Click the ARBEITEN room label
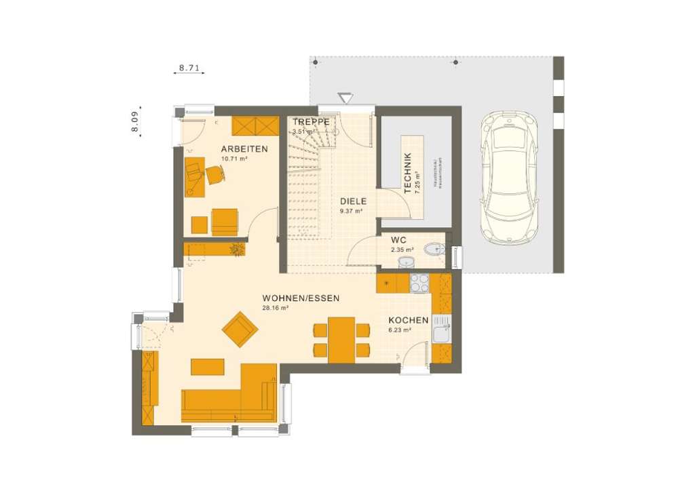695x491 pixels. pyautogui.click(x=244, y=149)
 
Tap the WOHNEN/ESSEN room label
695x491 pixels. pyautogui.click(x=301, y=298)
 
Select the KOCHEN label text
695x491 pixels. pyautogui.click(x=408, y=321)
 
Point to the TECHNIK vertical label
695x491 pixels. pyautogui.click(x=407, y=174)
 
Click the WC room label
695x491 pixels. pyautogui.click(x=398, y=240)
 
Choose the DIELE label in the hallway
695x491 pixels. pyautogui.click(x=353, y=201)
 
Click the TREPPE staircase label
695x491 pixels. pyautogui.click(x=311, y=122)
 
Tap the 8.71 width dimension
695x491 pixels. pyautogui.click(x=189, y=68)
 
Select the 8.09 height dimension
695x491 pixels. pyautogui.click(x=135, y=121)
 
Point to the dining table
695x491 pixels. pyautogui.click(x=341, y=340)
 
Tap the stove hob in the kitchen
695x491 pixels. pyautogui.click(x=419, y=283)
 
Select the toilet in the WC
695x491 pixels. pyautogui.click(x=434, y=250)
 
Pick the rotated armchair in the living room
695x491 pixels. pyautogui.click(x=240, y=329)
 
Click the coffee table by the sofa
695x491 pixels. pyautogui.click(x=207, y=366)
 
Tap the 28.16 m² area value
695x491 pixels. pyautogui.click(x=276, y=308)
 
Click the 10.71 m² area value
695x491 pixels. pyautogui.click(x=234, y=159)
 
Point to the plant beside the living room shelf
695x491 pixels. pyautogui.click(x=238, y=250)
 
